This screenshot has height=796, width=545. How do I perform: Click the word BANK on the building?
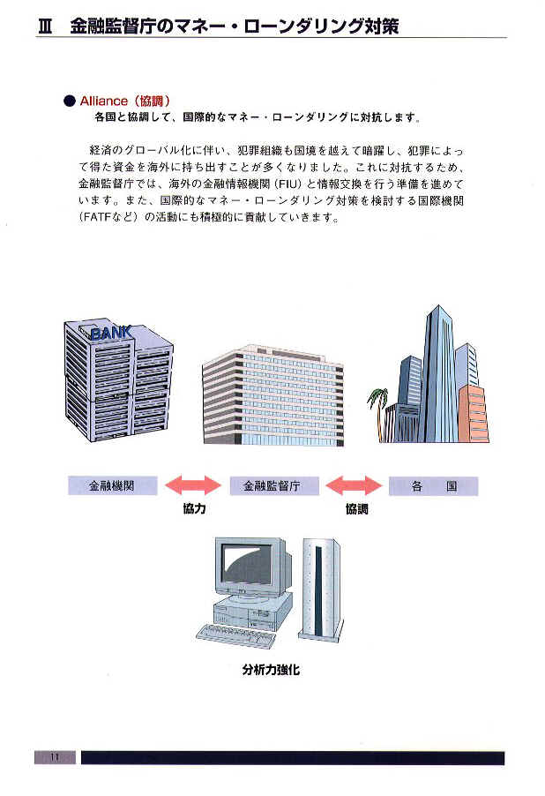tap(111, 334)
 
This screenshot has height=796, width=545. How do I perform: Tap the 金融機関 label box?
tap(113, 485)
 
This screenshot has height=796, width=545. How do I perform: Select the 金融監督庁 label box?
tap(273, 485)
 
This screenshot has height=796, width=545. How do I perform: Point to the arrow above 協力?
tap(193, 484)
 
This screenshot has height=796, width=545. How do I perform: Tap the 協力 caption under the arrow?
tap(194, 510)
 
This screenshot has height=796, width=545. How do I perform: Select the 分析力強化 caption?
tap(271, 670)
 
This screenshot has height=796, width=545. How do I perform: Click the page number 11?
tap(55, 757)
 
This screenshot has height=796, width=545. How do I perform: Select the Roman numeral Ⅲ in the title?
tap(47, 26)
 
